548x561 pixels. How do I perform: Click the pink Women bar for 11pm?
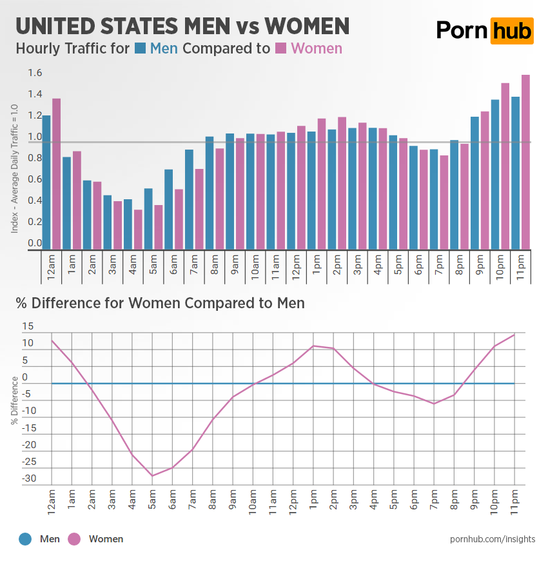(x=525, y=161)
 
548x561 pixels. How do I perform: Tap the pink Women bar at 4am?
(x=137, y=229)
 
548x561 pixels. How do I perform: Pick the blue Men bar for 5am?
(x=148, y=219)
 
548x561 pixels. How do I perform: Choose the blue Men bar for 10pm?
(x=495, y=174)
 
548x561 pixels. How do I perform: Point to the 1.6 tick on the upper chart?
(x=35, y=74)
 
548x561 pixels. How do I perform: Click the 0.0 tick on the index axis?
(x=35, y=244)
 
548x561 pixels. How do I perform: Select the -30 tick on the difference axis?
(x=30, y=479)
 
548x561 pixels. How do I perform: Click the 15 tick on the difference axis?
(x=27, y=326)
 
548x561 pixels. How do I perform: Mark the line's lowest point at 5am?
(x=152, y=476)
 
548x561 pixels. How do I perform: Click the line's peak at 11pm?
(x=514, y=335)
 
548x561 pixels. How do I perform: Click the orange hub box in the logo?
(x=512, y=30)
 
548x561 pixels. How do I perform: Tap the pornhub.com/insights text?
(x=493, y=539)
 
